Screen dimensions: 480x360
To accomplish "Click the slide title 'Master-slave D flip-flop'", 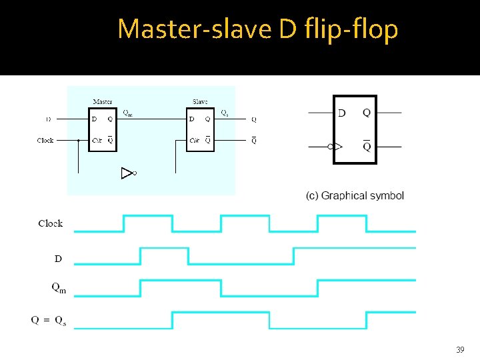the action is click(257, 29).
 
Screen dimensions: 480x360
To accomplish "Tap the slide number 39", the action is click(459, 349).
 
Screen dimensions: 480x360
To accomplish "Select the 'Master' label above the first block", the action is click(102, 102).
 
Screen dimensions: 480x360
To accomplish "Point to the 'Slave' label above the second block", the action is click(200, 102).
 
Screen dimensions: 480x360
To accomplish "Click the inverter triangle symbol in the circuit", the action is click(127, 173).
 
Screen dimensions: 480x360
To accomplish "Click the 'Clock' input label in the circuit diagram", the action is click(45, 141).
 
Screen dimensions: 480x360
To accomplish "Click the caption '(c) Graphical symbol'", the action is click(355, 195).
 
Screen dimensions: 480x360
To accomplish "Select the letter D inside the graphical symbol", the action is click(342, 113).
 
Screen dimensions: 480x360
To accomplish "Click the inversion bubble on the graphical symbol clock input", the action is click(331, 145).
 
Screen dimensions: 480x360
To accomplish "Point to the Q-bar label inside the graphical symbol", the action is click(367, 146).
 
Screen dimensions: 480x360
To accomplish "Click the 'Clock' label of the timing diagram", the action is click(51, 223).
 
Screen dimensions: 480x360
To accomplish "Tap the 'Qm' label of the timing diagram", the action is click(59, 289).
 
